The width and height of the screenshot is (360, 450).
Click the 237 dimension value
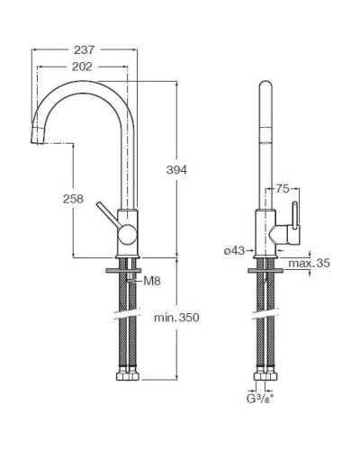(85, 50)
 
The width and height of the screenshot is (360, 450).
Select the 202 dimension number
(82, 67)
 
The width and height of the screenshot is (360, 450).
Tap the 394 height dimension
(176, 170)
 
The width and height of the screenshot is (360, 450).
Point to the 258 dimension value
(73, 199)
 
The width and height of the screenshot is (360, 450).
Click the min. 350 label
(176, 318)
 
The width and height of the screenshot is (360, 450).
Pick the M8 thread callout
(152, 281)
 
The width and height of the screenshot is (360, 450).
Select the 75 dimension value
(283, 189)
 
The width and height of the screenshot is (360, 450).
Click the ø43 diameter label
(234, 251)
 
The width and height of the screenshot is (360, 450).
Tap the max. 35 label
(309, 264)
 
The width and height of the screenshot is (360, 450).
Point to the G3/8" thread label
(260, 399)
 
